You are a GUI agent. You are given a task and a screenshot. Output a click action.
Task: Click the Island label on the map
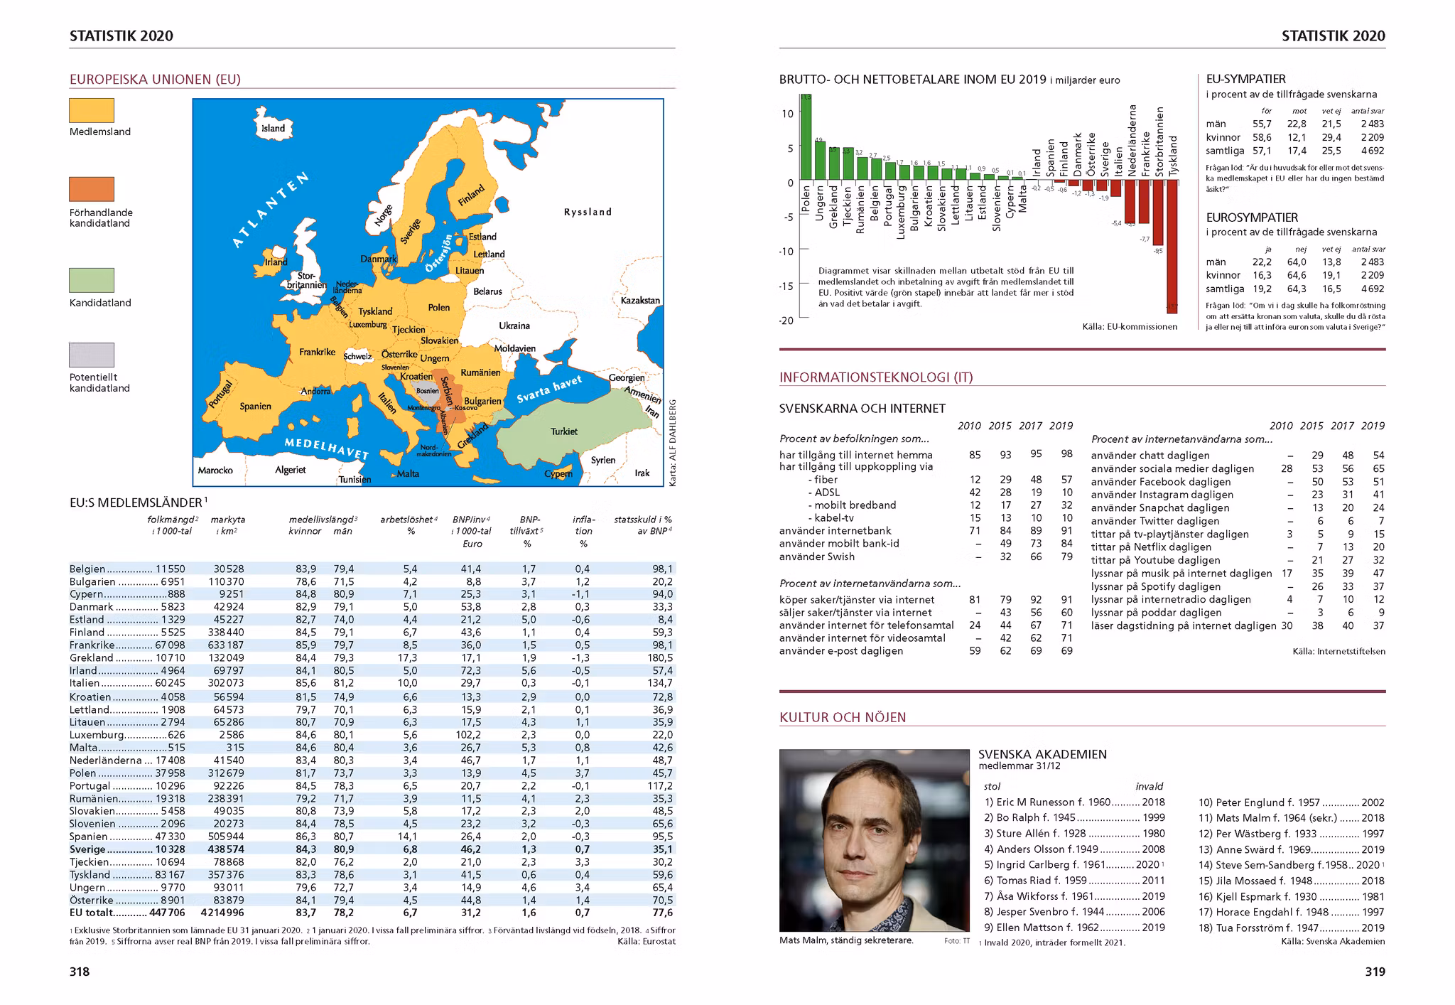coord(273,129)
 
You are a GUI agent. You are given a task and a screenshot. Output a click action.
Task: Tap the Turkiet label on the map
coord(564,431)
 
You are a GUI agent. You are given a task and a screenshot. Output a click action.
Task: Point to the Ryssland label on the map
coord(588,212)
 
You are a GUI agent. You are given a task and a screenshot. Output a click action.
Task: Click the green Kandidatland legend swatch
coord(92,280)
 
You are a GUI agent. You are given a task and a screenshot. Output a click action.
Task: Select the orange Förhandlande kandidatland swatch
coord(92,189)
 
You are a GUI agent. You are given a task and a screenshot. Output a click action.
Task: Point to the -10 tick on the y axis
coord(786,251)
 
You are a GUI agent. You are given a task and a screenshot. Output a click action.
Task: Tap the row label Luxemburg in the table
coord(97,735)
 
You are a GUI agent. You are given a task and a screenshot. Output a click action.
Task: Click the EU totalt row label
coord(90,913)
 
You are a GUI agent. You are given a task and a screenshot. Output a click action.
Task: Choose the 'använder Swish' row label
coord(816,557)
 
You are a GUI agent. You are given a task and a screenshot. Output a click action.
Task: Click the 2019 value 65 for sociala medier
coord(1378,469)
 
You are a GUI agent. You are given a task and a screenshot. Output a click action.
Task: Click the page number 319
coord(1375,972)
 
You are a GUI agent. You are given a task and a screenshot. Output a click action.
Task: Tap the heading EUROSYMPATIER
coord(1252,217)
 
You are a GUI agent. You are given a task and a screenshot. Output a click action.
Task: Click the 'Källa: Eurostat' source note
coord(647,942)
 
